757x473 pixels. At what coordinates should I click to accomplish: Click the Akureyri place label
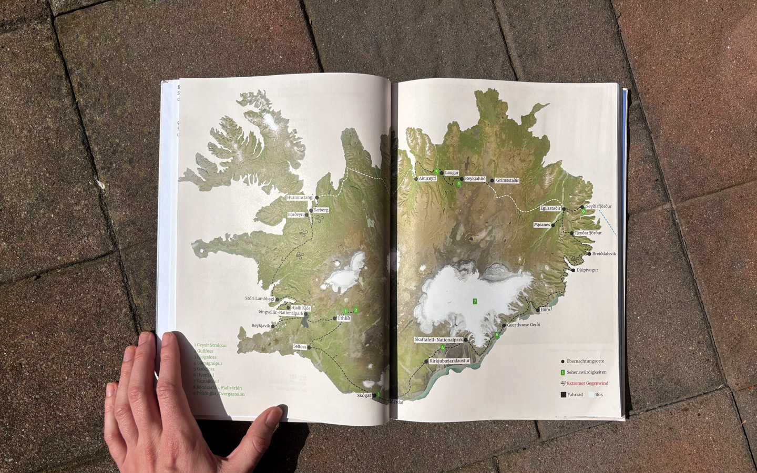pyautogui.click(x=427, y=179)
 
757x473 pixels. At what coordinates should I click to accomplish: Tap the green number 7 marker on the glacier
pyautogui.click(x=475, y=301)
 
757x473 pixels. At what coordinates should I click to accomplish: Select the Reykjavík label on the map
pyautogui.click(x=261, y=326)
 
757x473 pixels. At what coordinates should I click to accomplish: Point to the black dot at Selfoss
pyautogui.click(x=309, y=347)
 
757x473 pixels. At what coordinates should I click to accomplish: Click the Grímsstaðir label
pyautogui.click(x=507, y=180)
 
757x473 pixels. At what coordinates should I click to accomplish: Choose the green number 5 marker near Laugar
pyautogui.click(x=436, y=171)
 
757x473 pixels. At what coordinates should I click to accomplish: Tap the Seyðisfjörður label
pyautogui.click(x=599, y=207)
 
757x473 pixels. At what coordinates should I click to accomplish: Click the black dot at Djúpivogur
pyautogui.click(x=572, y=270)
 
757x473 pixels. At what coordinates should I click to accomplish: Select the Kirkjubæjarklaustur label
pyautogui.click(x=449, y=361)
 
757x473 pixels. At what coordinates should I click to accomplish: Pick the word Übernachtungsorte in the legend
pyautogui.click(x=585, y=361)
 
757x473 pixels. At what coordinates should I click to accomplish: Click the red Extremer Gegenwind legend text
pyautogui.click(x=587, y=383)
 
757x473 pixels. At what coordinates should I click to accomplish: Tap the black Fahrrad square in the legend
pyautogui.click(x=563, y=394)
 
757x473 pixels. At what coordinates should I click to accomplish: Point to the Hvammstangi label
pyautogui.click(x=300, y=198)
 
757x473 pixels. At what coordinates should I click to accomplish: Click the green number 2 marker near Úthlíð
pyautogui.click(x=356, y=310)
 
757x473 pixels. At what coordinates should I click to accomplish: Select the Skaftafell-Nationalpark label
pyautogui.click(x=438, y=340)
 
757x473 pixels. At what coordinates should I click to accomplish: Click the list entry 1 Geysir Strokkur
pyautogui.click(x=210, y=345)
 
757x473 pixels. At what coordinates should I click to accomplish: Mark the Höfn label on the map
pyautogui.click(x=545, y=310)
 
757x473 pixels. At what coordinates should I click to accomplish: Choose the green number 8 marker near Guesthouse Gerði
pyautogui.click(x=497, y=335)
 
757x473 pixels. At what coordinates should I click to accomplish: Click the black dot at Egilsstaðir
pyautogui.click(x=564, y=209)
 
